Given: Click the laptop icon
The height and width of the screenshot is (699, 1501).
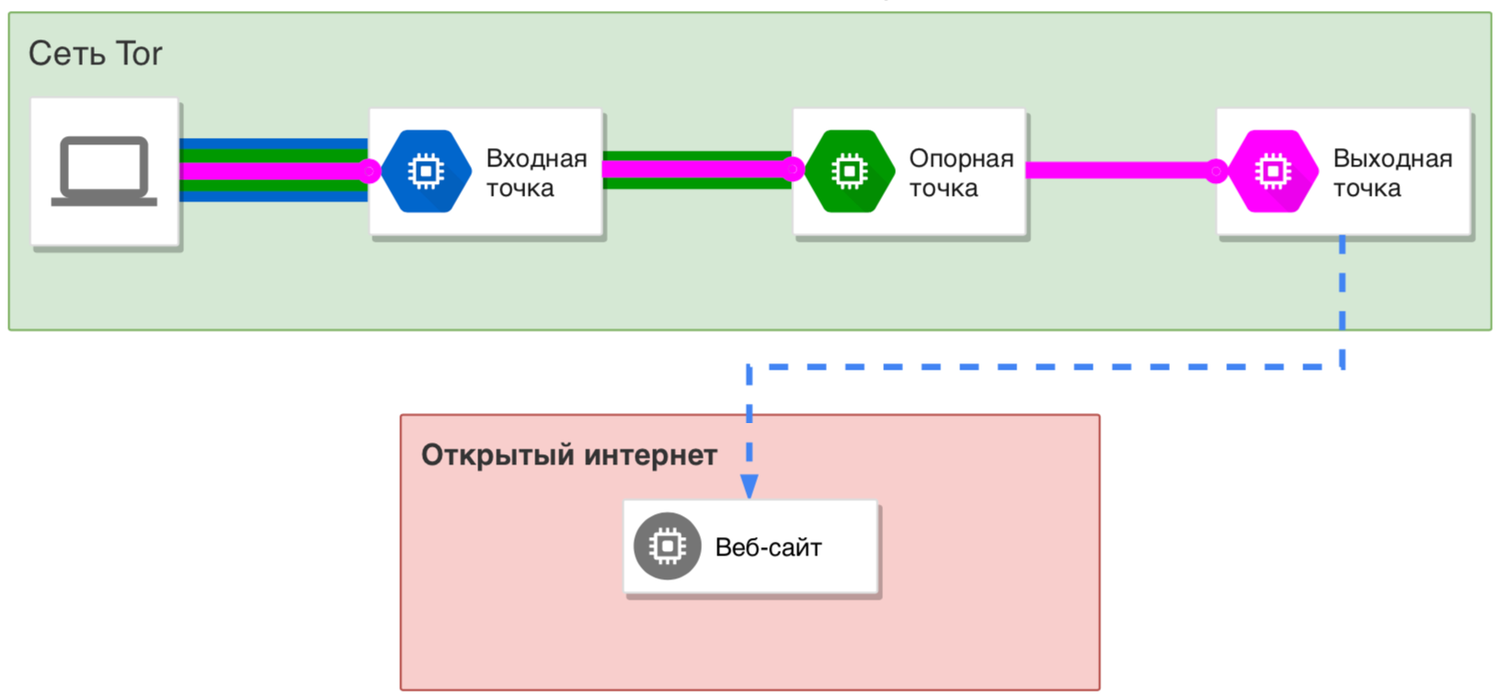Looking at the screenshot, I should tap(104, 171).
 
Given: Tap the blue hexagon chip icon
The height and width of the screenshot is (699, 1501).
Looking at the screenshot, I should tap(426, 171).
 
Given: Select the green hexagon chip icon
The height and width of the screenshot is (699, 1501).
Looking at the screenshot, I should tap(849, 171).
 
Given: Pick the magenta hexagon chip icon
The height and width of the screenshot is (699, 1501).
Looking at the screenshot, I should tap(1273, 171).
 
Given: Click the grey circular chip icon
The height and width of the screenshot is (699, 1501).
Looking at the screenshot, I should tap(667, 546).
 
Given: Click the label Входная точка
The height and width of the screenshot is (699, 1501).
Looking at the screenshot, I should tap(535, 173).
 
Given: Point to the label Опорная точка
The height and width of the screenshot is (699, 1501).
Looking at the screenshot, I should tap(960, 173).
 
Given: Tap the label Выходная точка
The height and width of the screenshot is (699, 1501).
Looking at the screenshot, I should tap(1392, 173).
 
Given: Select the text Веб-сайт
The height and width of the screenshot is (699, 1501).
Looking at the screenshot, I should tap(768, 548).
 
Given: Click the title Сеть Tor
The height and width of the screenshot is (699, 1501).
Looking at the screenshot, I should tap(95, 53).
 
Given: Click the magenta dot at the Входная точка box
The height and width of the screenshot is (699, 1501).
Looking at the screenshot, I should tap(369, 170).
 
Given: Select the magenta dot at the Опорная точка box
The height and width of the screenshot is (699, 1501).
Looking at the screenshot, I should tap(793, 169).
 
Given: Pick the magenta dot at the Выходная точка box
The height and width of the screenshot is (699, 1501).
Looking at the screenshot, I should tap(1216, 170).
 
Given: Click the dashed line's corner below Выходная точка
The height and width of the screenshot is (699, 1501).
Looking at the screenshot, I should tap(1343, 366).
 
